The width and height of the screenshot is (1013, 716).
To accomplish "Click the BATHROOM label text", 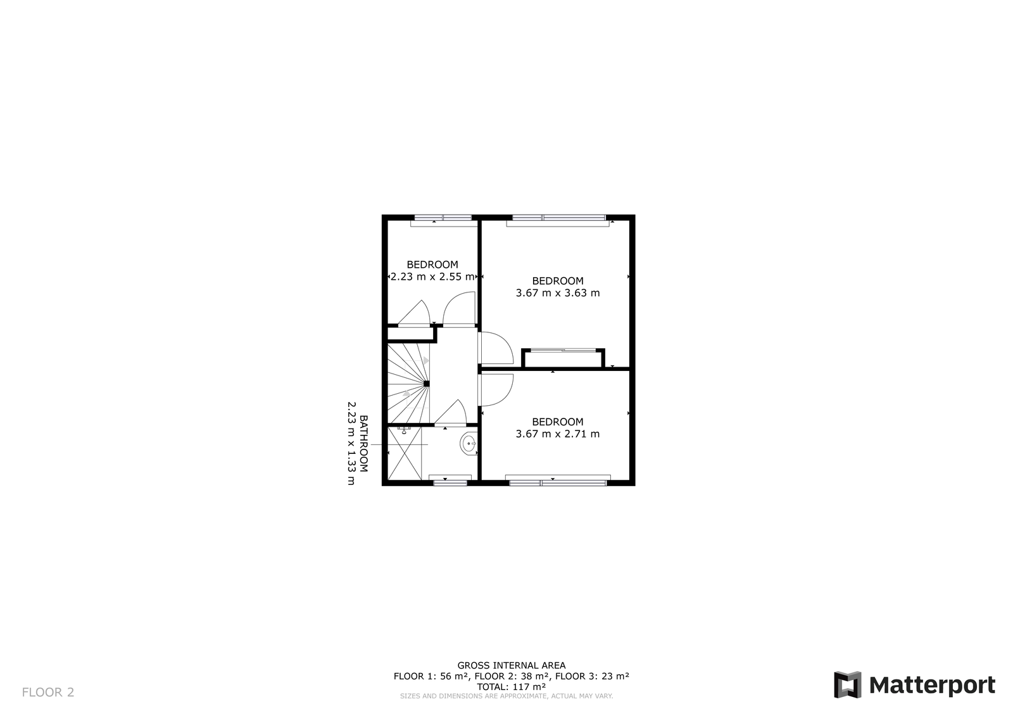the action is [363, 443].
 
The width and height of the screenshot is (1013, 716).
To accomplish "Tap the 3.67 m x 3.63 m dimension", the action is [558, 292].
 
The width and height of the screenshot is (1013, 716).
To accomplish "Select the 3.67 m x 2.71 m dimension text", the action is [558, 434].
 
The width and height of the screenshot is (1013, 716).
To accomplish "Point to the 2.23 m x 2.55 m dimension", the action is [432, 277].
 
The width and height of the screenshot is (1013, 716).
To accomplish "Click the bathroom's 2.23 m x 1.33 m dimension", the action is [351, 443].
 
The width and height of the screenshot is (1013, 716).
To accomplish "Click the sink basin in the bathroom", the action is [469, 444].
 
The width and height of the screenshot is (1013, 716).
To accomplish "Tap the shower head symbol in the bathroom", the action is [404, 430].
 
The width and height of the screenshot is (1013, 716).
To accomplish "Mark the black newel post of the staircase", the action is [427, 384].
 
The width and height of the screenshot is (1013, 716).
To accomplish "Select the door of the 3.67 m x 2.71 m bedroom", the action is [496, 390].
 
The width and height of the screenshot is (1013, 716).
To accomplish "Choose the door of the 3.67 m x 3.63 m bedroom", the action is [496, 348].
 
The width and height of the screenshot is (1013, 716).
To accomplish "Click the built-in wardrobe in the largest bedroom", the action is [563, 358].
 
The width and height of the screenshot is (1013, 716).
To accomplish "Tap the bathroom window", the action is [450, 482].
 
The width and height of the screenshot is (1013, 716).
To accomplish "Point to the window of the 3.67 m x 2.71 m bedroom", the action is [558, 482].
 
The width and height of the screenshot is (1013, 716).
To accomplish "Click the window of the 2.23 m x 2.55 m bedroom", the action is [443, 218].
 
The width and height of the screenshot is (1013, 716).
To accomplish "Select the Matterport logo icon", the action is [848, 685].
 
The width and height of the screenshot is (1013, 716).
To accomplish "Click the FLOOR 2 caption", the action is [48, 693].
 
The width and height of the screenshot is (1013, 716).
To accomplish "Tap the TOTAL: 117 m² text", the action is [511, 687].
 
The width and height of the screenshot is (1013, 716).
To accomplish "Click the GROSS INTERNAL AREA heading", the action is [512, 665].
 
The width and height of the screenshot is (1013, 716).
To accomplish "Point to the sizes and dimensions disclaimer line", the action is [507, 696].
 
